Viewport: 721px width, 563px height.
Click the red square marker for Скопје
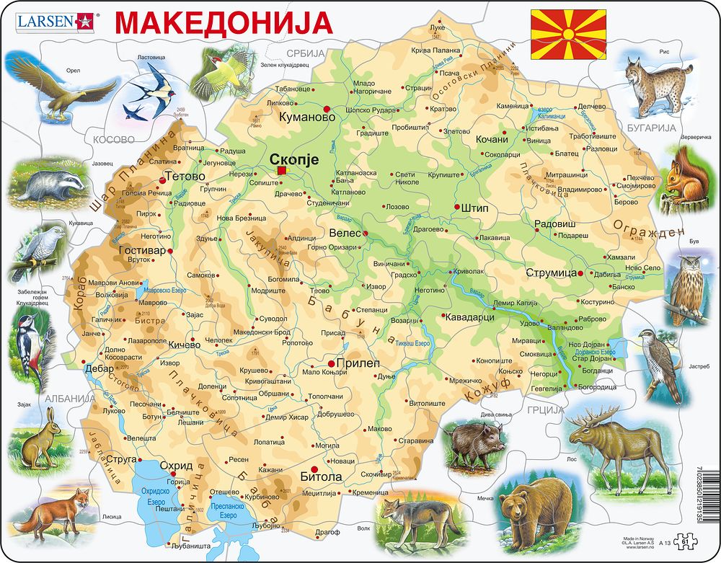click(281, 170)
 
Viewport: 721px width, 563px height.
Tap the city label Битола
click(319, 476)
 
